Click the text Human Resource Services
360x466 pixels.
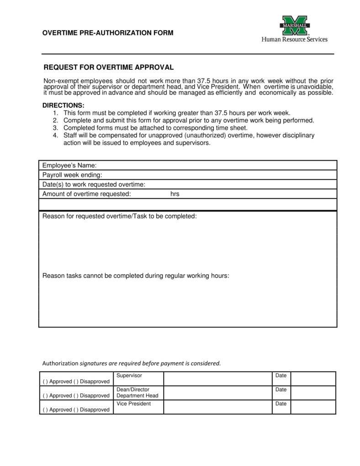point(294,39)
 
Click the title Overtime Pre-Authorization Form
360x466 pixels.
point(108,33)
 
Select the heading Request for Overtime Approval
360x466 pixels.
point(108,68)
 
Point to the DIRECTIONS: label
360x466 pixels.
point(64,105)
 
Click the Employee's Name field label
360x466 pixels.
point(69,165)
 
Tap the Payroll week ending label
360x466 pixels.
point(72,175)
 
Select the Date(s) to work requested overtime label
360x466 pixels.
point(94,185)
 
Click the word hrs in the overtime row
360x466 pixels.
point(175,194)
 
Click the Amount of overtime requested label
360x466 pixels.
point(87,194)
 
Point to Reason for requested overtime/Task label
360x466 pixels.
point(120,216)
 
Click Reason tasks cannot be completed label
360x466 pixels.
point(136,276)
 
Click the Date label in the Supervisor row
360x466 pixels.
point(281,376)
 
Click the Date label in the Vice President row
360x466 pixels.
point(281,404)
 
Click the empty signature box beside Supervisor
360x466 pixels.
point(217,379)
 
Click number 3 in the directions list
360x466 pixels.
point(55,128)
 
